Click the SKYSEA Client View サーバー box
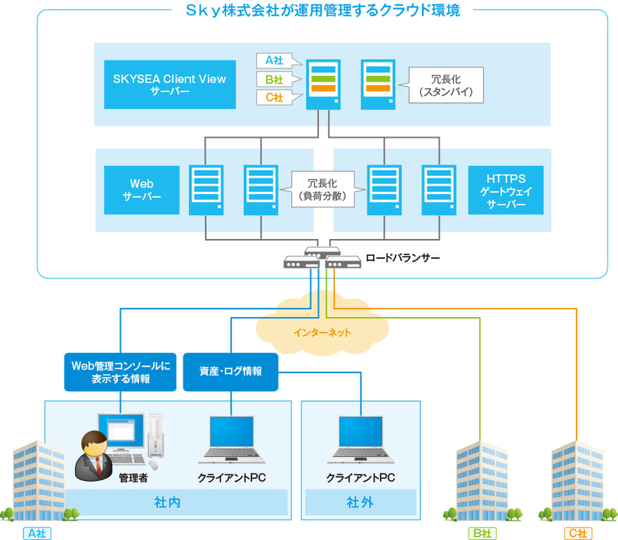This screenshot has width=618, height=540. click(x=170, y=84)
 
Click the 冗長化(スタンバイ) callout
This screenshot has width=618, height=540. click(x=446, y=84)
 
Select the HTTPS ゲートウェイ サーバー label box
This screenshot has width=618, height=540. click(x=506, y=190)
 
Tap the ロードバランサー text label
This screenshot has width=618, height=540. click(x=403, y=258)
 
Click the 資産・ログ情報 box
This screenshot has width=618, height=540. click(x=231, y=371)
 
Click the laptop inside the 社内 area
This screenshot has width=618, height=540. click(x=231, y=439)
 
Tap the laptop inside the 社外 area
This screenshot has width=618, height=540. click(x=360, y=439)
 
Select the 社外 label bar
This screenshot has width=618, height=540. click(x=360, y=503)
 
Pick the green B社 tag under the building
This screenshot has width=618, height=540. click(x=481, y=534)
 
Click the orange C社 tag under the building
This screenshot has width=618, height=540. click(x=577, y=534)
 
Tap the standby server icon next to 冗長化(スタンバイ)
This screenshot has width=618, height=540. click(x=378, y=84)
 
